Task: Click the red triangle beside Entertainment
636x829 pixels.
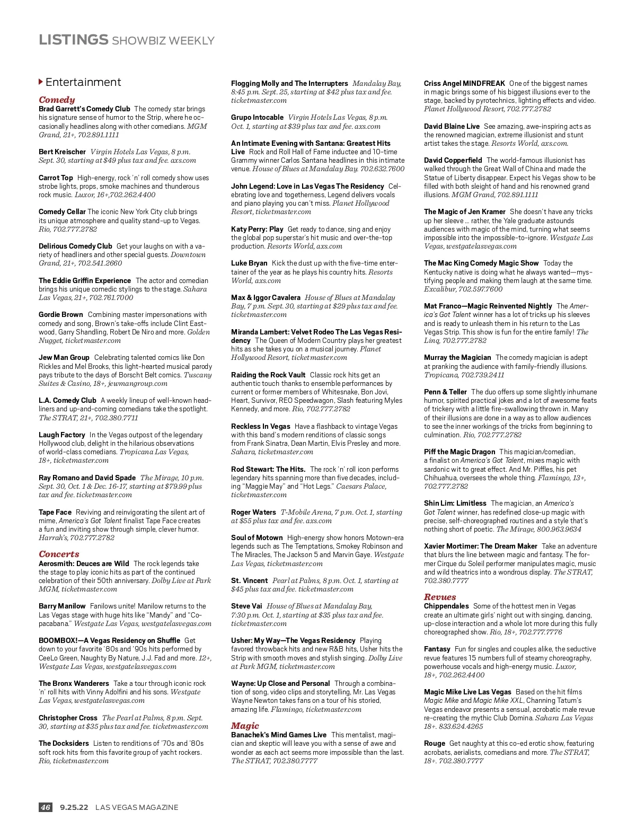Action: (41, 82)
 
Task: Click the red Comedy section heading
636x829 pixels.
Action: (57, 100)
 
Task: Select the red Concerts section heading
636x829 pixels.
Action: (59, 554)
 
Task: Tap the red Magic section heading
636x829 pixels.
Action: (245, 726)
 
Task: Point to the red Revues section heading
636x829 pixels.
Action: (440, 597)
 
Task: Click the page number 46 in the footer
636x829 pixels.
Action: (46, 807)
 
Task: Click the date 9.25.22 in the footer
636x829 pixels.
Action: (74, 807)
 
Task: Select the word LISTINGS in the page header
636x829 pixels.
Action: (73, 40)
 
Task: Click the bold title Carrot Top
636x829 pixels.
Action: (56, 178)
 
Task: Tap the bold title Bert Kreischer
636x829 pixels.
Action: (62, 152)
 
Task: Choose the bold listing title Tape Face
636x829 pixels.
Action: (55, 512)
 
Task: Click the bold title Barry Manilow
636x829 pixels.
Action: (62, 606)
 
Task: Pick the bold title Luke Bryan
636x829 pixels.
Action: (249, 263)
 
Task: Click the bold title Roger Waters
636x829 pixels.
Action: (253, 512)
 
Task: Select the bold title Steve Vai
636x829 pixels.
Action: (246, 606)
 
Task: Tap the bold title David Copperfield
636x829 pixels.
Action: (453, 160)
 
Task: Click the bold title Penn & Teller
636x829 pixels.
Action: (445, 392)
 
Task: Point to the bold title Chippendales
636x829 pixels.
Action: (446, 606)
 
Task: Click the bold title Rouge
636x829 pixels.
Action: (434, 743)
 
